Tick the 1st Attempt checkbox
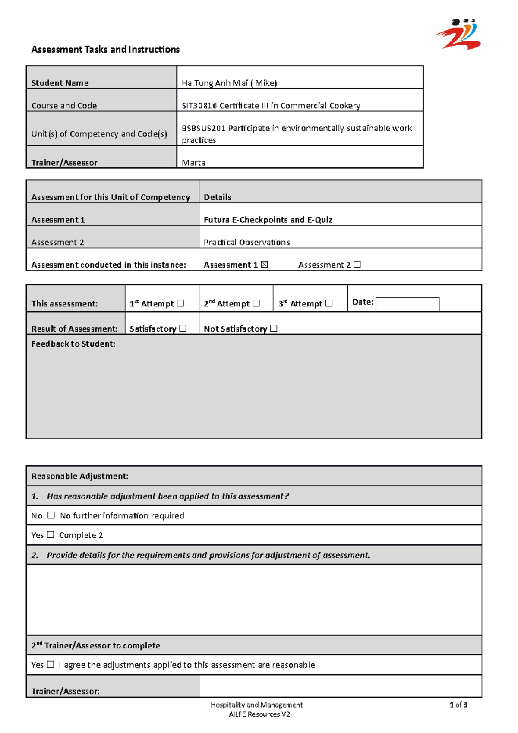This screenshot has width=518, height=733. point(180,303)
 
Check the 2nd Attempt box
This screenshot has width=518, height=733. point(256,303)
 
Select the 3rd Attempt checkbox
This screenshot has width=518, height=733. point(329,303)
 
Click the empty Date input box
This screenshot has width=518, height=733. point(407,304)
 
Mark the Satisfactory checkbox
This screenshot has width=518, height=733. point(183,329)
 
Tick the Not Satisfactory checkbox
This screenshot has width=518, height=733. point(274,329)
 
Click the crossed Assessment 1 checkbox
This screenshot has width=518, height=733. point(264,265)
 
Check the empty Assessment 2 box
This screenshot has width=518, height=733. point(357,265)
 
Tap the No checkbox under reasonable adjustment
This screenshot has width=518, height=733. point(51,515)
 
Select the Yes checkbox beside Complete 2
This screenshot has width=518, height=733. point(51,534)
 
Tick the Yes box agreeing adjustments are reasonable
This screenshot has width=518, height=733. point(51,664)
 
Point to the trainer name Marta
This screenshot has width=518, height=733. point(193,163)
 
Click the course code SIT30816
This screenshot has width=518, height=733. point(199,106)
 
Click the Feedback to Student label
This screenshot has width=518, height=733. point(73,344)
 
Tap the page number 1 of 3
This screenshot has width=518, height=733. point(458,705)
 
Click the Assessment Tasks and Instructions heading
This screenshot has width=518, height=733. point(105,50)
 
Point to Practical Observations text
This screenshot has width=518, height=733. point(246,242)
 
